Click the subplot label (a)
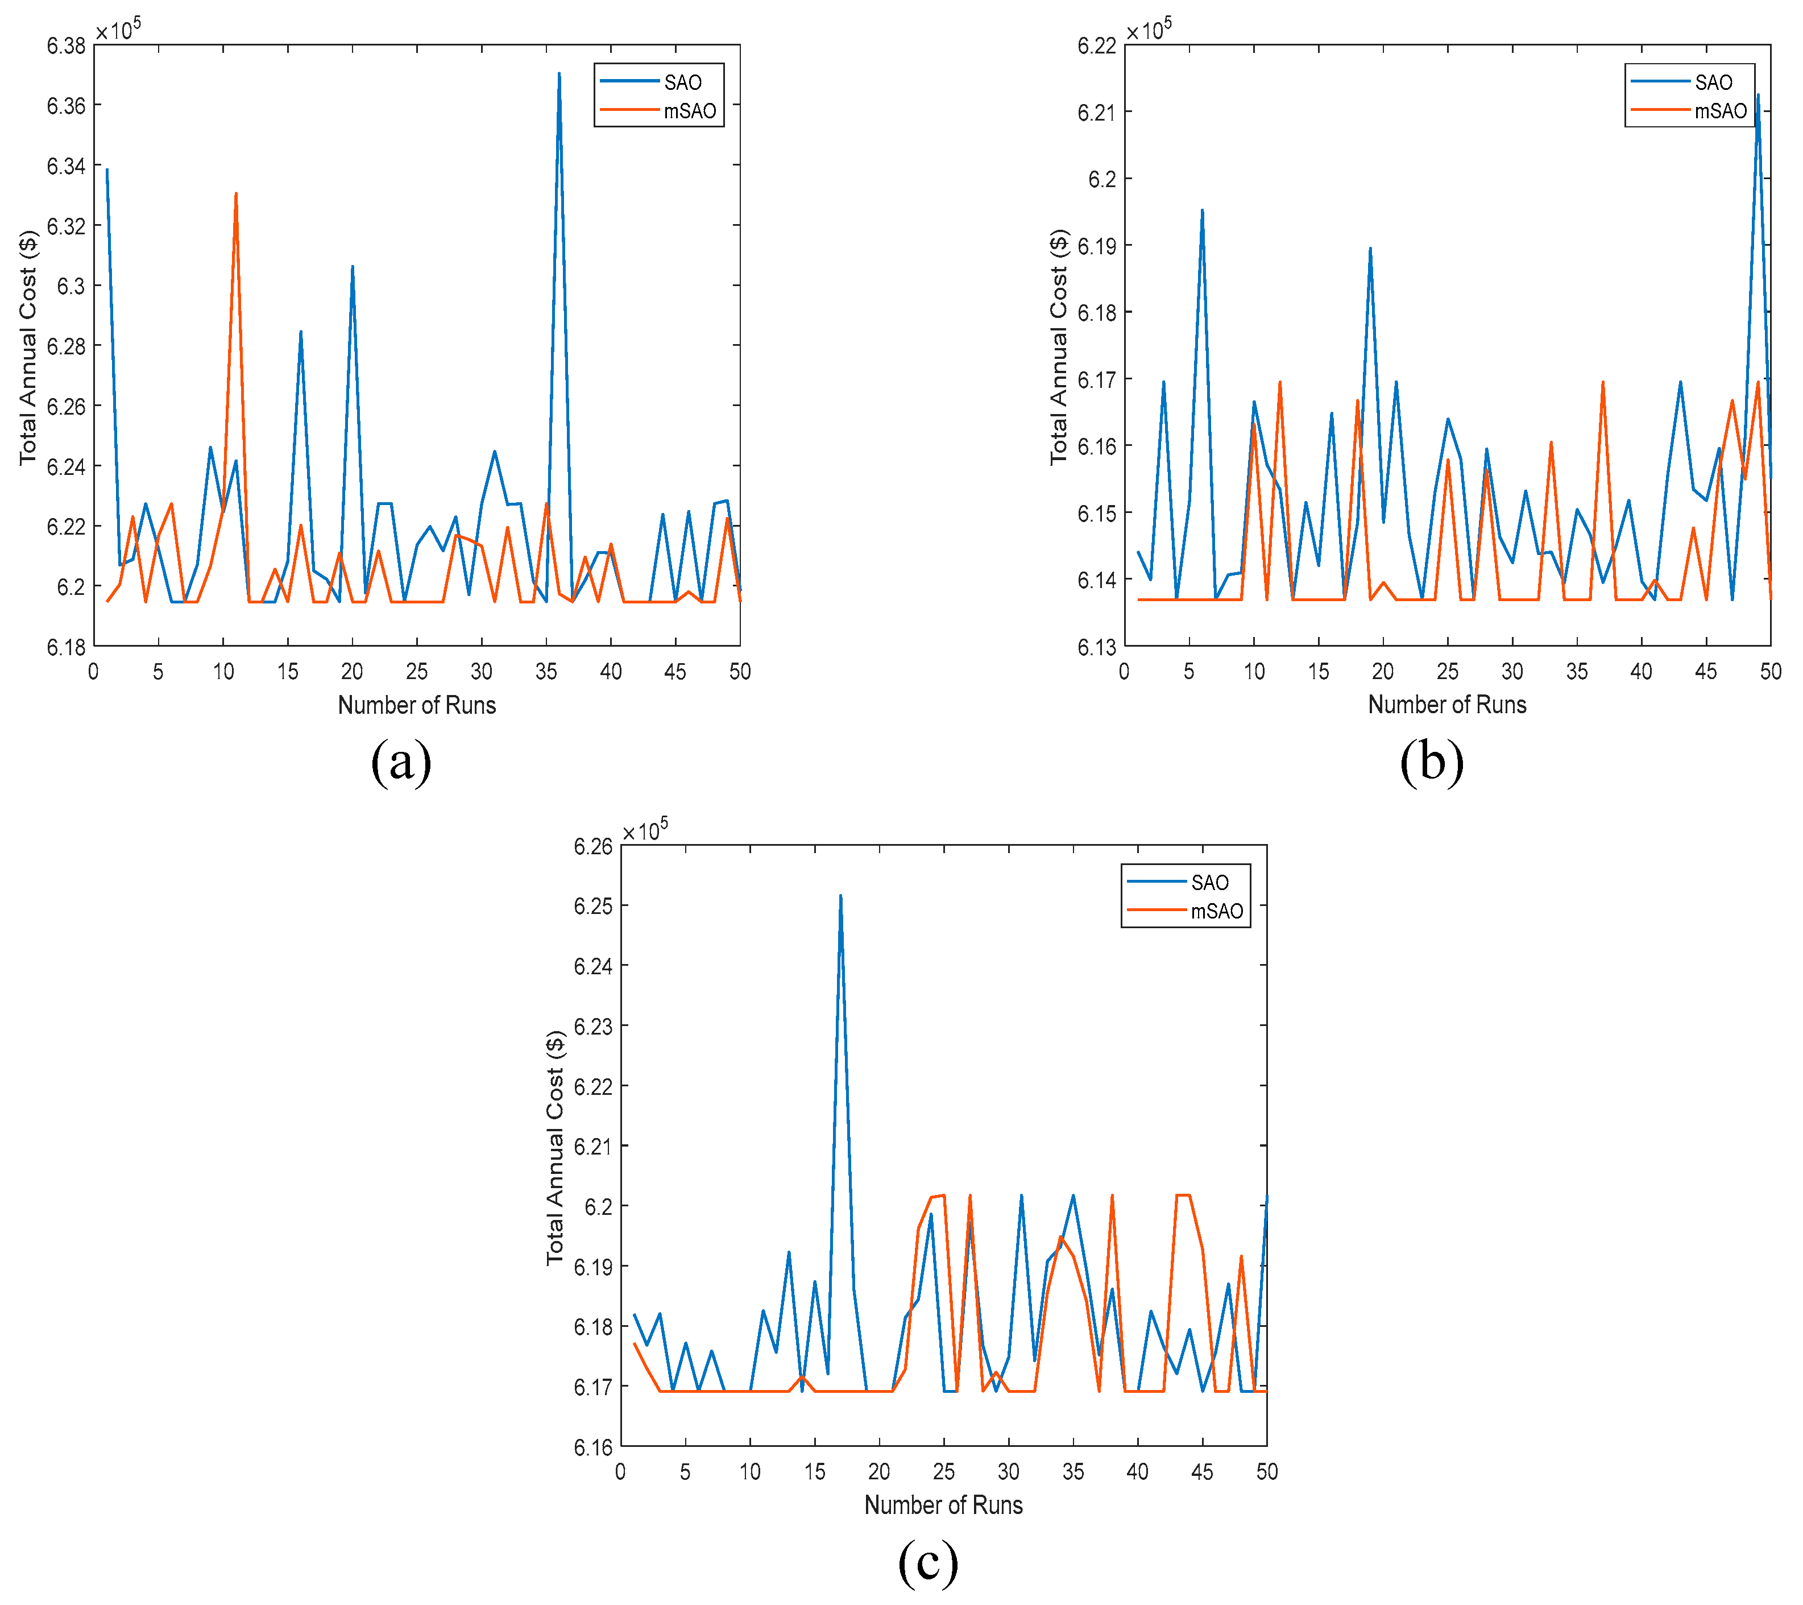click(401, 760)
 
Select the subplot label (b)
click(1432, 760)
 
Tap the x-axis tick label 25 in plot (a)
click(416, 672)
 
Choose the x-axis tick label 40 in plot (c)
click(1137, 1472)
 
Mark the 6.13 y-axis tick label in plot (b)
click(1096, 648)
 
